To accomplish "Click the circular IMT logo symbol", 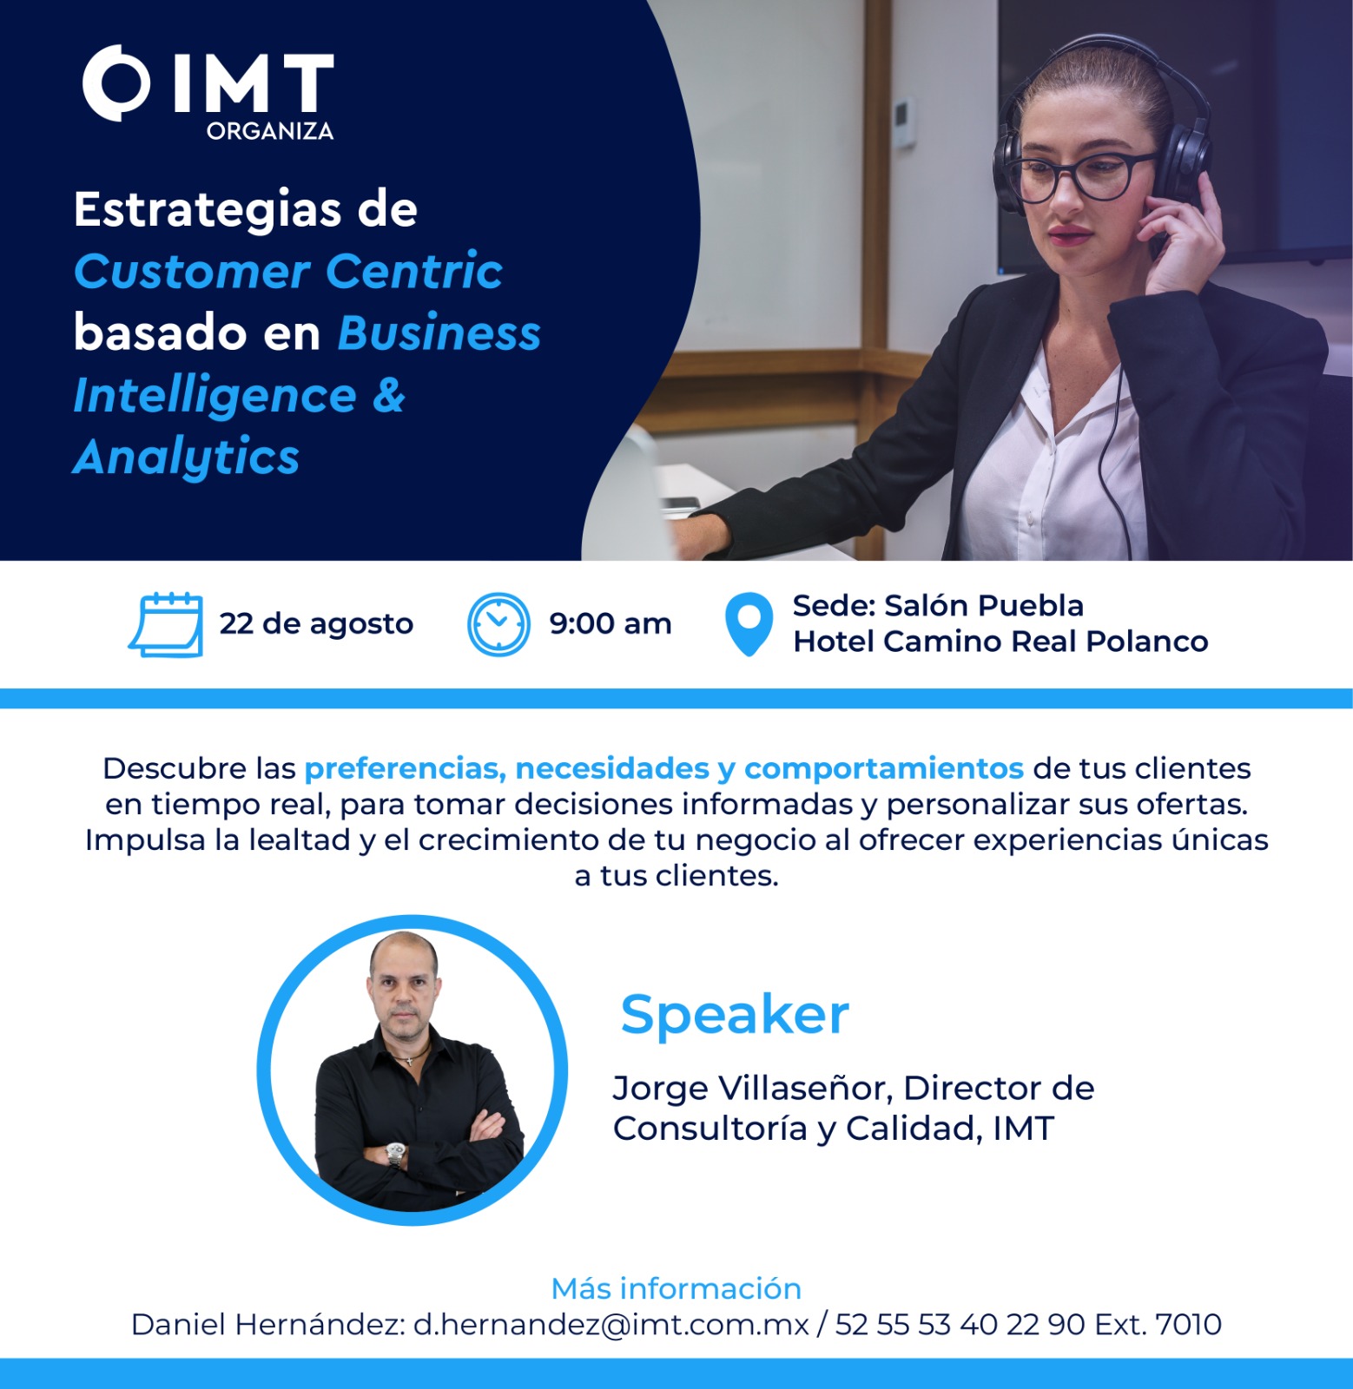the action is tap(115, 82).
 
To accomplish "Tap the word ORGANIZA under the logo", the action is tap(270, 131).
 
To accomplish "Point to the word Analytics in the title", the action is tap(186, 458).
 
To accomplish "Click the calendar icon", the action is tap(166, 625).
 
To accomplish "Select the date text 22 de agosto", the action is tap(316, 623).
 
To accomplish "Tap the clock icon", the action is tap(498, 624).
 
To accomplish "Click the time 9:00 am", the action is tap(610, 623).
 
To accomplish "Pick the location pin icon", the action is tap(749, 623).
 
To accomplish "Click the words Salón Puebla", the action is tap(984, 605).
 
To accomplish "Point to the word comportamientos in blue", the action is tap(884, 769).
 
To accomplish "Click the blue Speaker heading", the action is tap(735, 1015).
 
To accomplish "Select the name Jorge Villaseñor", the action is tap(749, 1089).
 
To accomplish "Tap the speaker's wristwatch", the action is tap(396, 1154).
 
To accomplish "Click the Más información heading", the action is tap(676, 1288).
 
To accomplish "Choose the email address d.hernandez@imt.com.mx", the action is tap(610, 1325).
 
